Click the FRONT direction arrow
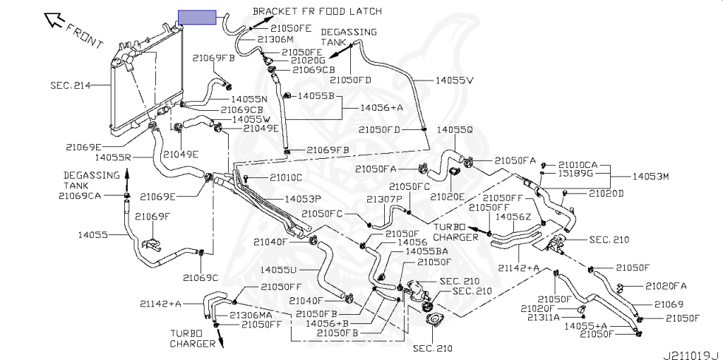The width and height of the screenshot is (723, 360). [54, 20]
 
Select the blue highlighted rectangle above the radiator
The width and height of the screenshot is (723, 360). [198, 18]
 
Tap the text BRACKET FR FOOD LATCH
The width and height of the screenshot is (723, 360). [317, 11]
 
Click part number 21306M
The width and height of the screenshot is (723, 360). [275, 40]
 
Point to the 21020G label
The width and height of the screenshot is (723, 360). [308, 61]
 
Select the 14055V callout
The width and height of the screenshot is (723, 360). [455, 80]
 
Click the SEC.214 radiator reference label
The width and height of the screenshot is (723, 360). [71, 85]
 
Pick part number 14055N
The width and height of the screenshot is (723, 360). [249, 99]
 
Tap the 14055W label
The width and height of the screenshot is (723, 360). [251, 119]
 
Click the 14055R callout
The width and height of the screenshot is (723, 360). [114, 157]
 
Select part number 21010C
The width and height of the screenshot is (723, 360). [286, 177]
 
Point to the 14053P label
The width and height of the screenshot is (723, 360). [302, 199]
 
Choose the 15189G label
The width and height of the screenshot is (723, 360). [575, 174]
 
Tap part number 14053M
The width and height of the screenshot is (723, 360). [650, 176]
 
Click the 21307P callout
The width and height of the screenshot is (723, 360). [385, 199]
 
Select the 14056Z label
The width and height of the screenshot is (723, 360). [513, 216]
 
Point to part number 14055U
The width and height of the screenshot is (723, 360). [278, 269]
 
